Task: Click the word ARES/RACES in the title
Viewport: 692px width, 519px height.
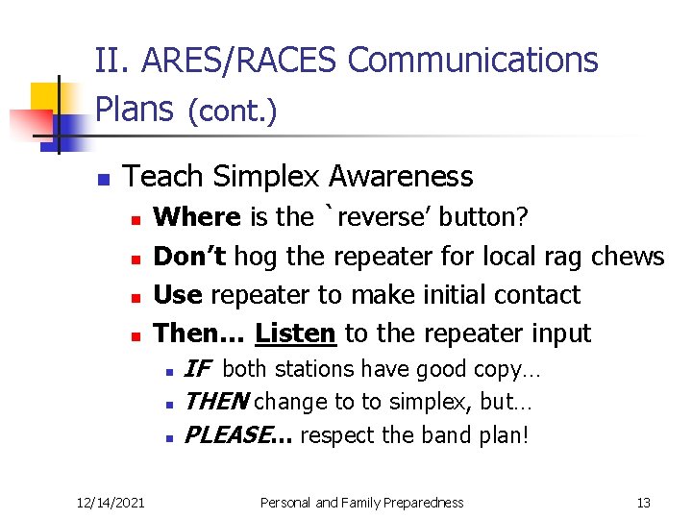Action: [x=240, y=61]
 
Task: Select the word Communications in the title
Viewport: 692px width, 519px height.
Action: [x=473, y=61]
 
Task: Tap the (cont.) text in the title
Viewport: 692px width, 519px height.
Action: [x=232, y=112]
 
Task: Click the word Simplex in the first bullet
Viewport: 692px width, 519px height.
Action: [x=267, y=177]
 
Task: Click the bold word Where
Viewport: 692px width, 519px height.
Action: [x=198, y=217]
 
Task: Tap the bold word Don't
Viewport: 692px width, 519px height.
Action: [x=190, y=257]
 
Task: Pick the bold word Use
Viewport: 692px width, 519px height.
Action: [x=179, y=295]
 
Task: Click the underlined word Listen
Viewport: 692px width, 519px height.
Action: [x=295, y=334]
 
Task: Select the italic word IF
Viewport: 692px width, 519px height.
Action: [x=197, y=369]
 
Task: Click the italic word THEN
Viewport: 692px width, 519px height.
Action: [x=215, y=402]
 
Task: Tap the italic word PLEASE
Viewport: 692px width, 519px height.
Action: [x=232, y=435]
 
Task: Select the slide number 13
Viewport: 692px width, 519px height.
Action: [x=644, y=503]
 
